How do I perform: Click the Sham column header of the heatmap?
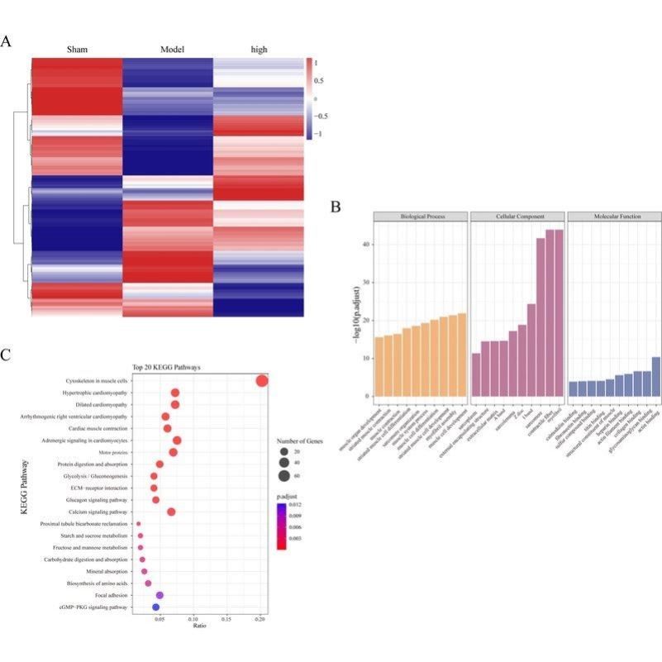(77, 50)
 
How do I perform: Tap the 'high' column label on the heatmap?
(259, 50)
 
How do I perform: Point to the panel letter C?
(7, 355)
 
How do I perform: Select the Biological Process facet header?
(421, 217)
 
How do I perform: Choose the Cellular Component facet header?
(517, 217)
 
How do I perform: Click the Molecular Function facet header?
(614, 217)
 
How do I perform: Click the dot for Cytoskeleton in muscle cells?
(262, 381)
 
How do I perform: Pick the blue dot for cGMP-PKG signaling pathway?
(155, 607)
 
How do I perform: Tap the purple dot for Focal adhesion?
(160, 595)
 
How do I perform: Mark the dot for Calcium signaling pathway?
(171, 512)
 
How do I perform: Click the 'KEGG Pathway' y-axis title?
(26, 494)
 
